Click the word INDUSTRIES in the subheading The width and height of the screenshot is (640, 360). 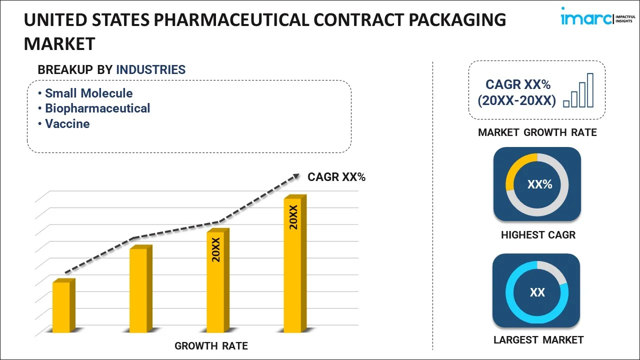click(150, 69)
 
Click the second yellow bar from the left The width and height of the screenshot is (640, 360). click(138, 289)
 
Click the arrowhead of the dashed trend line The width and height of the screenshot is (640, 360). click(296, 176)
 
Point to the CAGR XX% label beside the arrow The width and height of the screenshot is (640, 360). click(336, 176)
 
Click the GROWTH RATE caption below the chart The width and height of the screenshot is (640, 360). click(211, 345)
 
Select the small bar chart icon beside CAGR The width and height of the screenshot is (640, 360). click(578, 90)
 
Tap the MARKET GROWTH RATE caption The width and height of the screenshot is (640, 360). click(537, 132)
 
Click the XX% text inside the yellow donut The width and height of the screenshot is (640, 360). click(539, 184)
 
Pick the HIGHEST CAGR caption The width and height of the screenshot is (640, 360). click(538, 234)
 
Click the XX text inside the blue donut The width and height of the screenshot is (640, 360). click(537, 292)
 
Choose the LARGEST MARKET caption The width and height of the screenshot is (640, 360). click(538, 340)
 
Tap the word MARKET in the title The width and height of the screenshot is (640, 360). click(59, 44)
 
